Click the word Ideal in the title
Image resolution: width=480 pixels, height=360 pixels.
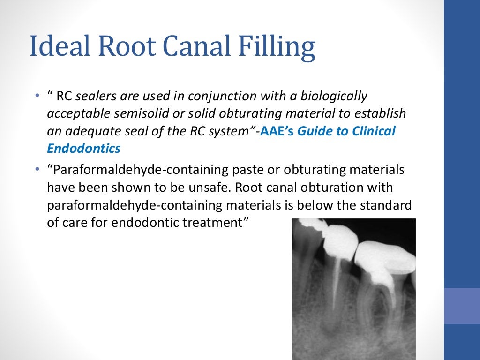(58, 47)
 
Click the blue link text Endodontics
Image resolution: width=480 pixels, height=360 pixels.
(84, 149)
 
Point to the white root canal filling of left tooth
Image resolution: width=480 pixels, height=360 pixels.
(336, 281)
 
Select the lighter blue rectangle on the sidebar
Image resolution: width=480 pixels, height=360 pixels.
(462, 305)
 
